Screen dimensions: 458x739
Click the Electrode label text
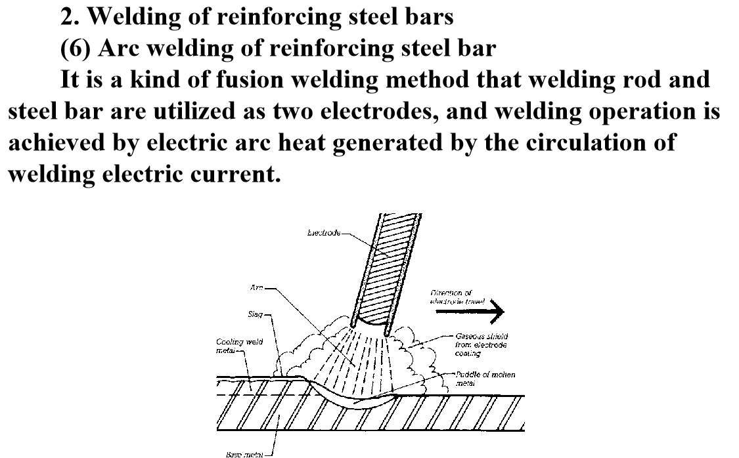coord(324,233)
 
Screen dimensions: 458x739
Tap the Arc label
coord(257,288)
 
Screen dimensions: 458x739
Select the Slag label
coord(255,314)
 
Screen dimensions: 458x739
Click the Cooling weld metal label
coord(233,346)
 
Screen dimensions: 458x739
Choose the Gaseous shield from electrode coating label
coord(481,344)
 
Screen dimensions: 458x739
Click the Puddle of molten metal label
coord(486,379)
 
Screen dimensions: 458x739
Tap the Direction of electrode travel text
coord(457,297)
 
